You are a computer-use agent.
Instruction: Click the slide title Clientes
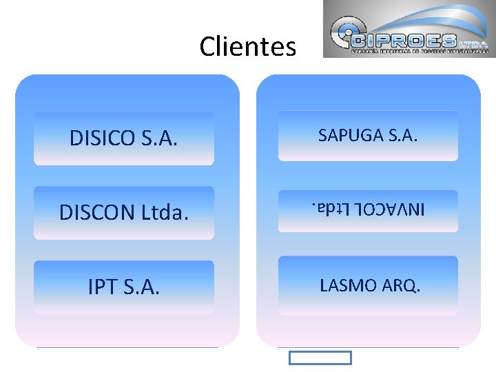pyautogui.click(x=247, y=47)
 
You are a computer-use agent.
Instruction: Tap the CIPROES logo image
pyautogui.click(x=408, y=29)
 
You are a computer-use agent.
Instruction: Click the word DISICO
pyautogui.click(x=102, y=138)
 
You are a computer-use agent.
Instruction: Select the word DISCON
pyautogui.click(x=96, y=213)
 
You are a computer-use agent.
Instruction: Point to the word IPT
pyautogui.click(x=103, y=287)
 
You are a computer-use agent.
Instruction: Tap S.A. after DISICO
pyautogui.click(x=158, y=138)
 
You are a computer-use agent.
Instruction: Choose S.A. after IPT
pyautogui.click(x=141, y=287)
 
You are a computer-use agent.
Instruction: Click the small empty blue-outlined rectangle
pyautogui.click(x=320, y=358)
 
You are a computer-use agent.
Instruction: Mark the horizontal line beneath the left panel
pyautogui.click(x=127, y=347)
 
